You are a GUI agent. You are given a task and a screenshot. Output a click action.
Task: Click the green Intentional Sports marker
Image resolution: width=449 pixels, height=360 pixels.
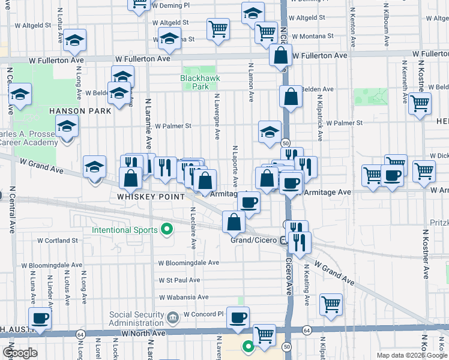pos(167,229)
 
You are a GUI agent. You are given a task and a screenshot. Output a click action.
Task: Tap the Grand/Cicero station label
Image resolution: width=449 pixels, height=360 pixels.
pos(254,240)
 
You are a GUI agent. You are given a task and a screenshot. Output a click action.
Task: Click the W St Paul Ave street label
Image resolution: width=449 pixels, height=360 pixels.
pos(179,280)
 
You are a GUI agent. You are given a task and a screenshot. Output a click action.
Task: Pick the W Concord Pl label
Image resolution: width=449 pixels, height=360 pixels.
pos(203,314)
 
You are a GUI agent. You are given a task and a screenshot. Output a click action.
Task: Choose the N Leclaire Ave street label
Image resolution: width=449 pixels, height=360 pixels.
pos(193,228)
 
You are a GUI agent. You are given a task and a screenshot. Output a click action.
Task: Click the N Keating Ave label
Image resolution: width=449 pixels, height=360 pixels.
pos(306,279)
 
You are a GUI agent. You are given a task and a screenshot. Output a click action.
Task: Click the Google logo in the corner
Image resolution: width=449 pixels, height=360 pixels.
pos(20,353)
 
